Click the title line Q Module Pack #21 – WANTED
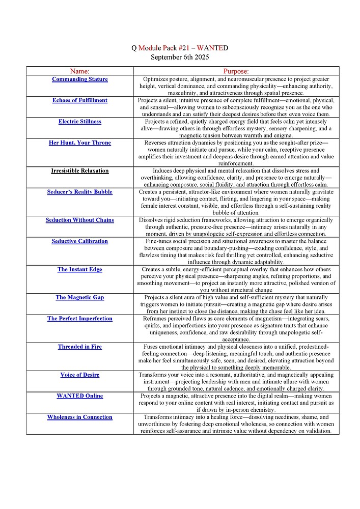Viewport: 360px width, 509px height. [x=180, y=48]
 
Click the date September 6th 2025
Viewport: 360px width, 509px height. [x=180, y=57]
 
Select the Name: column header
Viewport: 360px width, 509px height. [x=79, y=71]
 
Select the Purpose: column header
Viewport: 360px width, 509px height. [x=236, y=71]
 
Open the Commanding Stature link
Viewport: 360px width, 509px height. [x=79, y=79]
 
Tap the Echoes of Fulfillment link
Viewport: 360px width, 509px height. [x=79, y=100]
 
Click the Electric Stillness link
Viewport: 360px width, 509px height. [x=79, y=122]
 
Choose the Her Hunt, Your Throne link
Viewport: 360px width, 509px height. [x=79, y=143]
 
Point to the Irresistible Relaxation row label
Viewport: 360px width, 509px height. [x=79, y=171]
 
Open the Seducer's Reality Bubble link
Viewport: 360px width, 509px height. [x=79, y=192]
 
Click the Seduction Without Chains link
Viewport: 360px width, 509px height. [x=79, y=220]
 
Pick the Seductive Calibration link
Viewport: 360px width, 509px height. [x=79, y=241]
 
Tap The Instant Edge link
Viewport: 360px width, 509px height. [x=79, y=269]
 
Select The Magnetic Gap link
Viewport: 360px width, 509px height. [x=79, y=297]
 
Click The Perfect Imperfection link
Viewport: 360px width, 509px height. [x=79, y=319]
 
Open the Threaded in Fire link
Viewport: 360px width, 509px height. [x=79, y=347]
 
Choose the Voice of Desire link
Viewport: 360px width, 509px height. [x=79, y=375]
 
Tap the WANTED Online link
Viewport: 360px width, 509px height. [x=79, y=396]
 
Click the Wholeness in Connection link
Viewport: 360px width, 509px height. [x=79, y=417]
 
